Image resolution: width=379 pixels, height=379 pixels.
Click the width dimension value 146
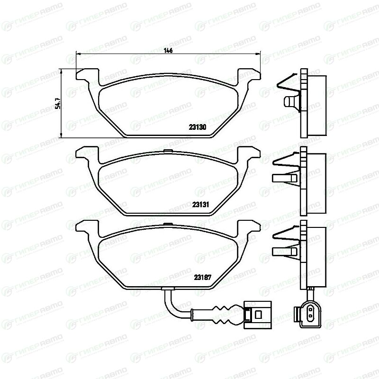pos(168,51)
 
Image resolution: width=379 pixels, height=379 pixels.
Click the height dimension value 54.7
pos(58,103)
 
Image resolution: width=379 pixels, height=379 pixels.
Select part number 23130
pos(198,127)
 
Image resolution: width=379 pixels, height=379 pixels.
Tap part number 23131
pos(200,205)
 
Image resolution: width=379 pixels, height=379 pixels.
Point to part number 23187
pos(203,277)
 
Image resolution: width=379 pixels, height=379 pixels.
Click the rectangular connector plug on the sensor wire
pos(258,315)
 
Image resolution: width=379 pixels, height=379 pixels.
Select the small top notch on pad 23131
pos(168,151)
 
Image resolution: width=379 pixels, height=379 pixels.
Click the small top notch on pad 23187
pos(168,224)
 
